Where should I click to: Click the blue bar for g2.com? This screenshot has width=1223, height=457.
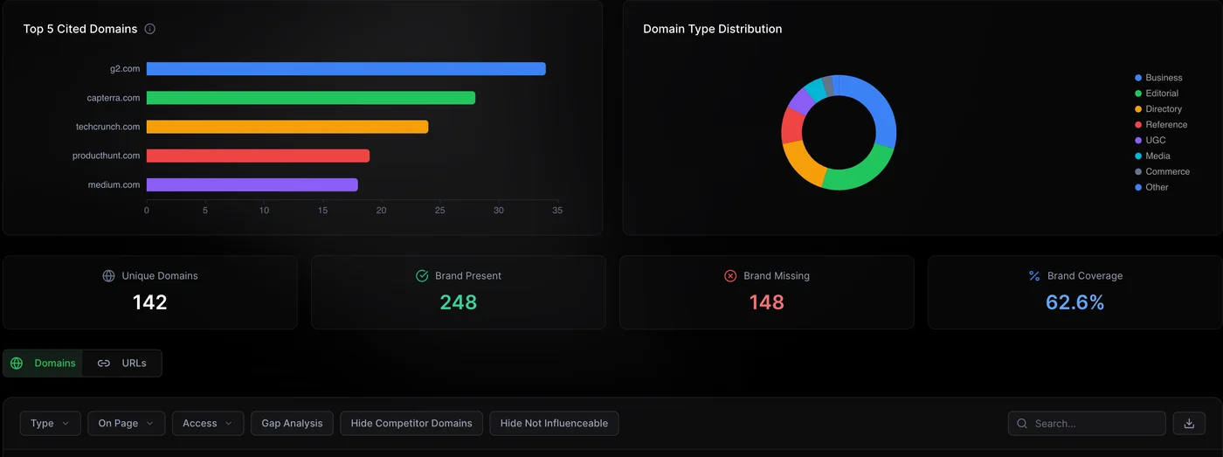(x=346, y=69)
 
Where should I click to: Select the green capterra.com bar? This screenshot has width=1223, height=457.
(x=311, y=98)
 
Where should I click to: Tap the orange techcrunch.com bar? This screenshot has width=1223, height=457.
(x=287, y=127)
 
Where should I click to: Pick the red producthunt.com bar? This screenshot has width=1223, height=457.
(x=258, y=156)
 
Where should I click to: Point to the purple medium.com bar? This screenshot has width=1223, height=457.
(x=252, y=184)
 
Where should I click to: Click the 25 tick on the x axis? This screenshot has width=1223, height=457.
(x=440, y=211)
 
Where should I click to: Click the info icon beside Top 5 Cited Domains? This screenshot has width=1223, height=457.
(x=150, y=29)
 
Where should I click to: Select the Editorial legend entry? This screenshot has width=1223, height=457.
(x=1161, y=93)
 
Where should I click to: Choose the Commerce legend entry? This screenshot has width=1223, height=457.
(x=1167, y=172)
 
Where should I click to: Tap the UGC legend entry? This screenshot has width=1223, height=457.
(x=1155, y=141)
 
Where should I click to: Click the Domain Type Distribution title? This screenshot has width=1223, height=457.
(x=712, y=29)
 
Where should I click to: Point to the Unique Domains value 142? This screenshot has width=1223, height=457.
(x=150, y=302)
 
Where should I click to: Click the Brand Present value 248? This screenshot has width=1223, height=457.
(x=459, y=302)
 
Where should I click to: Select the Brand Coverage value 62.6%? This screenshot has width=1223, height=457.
(x=1075, y=302)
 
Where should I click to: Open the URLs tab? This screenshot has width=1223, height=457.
(x=122, y=364)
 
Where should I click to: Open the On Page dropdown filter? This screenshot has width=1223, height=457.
(x=126, y=424)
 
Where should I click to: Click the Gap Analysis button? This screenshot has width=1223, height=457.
(x=292, y=424)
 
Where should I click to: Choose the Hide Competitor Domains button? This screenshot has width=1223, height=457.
(x=411, y=424)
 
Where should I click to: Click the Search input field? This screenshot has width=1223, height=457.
(x=1092, y=424)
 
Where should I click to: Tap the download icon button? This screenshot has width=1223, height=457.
(x=1189, y=424)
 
